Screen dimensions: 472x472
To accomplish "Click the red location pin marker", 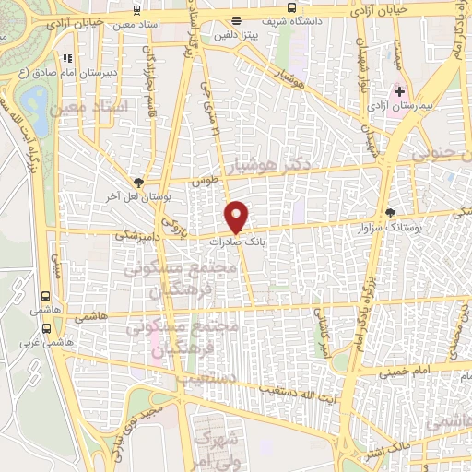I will point(237,215).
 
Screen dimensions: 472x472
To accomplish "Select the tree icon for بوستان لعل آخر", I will point(138,183).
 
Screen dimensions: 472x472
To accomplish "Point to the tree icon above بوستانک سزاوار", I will point(390,212).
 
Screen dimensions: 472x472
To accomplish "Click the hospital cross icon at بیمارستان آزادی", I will point(398,91).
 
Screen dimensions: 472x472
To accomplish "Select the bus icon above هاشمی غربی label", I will point(46,297).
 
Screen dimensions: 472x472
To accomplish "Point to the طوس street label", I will point(204,182).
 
